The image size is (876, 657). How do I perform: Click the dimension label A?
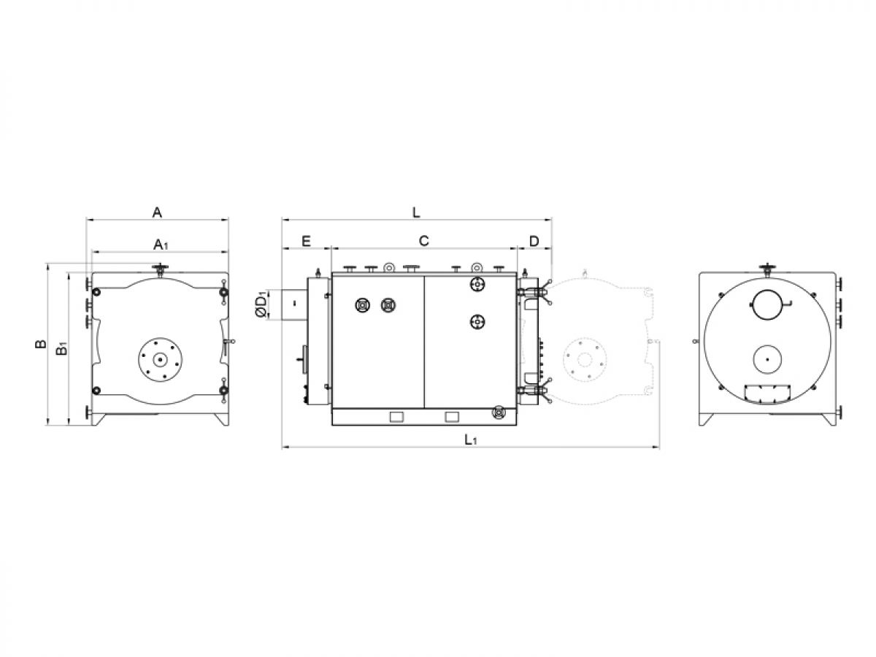[157, 212]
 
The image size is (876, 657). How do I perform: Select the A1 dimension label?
[161, 245]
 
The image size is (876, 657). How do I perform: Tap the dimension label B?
[40, 343]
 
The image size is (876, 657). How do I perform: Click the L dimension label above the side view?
[416, 212]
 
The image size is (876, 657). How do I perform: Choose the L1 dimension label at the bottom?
[471, 439]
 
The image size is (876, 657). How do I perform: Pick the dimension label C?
[423, 241]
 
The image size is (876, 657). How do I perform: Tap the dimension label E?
[306, 241]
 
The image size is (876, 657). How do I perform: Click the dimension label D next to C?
[534, 241]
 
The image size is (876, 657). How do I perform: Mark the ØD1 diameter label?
[261, 306]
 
